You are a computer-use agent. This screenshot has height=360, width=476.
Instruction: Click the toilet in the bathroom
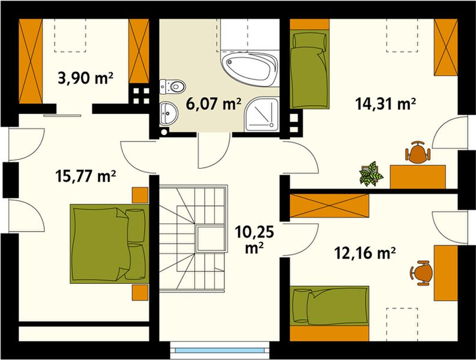[x=172, y=87]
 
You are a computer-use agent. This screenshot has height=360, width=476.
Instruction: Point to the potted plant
[x=370, y=173]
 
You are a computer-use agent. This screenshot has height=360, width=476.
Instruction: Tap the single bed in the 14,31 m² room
[x=309, y=69]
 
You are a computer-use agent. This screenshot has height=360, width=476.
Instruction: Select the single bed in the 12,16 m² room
[x=329, y=307]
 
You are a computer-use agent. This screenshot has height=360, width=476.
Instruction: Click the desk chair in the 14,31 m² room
[x=418, y=152]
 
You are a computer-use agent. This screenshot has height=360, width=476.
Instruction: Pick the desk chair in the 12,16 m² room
[x=422, y=272]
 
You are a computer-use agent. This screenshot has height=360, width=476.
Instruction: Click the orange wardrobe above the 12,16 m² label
[x=329, y=205]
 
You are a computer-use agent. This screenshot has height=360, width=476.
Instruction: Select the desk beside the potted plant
[x=418, y=175]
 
